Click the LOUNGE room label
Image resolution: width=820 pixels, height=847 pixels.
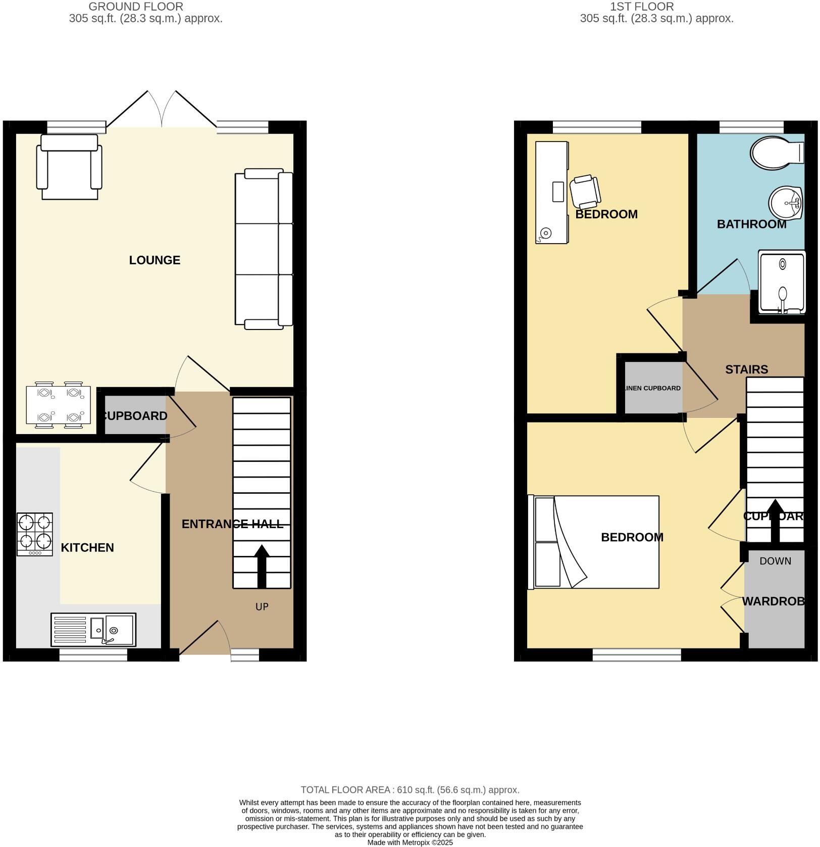click(x=155, y=260)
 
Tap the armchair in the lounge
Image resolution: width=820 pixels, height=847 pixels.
click(x=69, y=167)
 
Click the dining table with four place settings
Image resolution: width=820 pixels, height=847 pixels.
click(x=59, y=405)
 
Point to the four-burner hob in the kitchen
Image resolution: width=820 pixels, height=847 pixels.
click(x=35, y=534)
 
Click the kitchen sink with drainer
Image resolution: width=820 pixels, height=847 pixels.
click(x=93, y=630)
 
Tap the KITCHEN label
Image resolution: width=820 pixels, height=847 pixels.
click(x=87, y=548)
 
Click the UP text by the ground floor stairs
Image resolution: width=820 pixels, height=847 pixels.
click(x=262, y=606)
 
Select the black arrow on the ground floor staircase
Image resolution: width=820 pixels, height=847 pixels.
click(x=262, y=566)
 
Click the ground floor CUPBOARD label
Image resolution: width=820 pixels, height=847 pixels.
click(x=135, y=416)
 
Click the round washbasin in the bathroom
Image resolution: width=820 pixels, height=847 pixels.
click(x=786, y=203)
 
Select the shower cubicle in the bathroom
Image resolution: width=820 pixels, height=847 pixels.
click(x=782, y=283)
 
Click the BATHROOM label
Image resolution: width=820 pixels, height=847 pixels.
click(x=751, y=224)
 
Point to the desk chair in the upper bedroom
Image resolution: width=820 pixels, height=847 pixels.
click(x=585, y=192)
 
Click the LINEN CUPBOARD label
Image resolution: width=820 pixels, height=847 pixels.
click(x=652, y=388)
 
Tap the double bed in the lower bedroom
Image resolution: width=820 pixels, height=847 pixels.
click(x=593, y=542)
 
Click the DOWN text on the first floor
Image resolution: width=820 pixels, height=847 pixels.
click(x=775, y=561)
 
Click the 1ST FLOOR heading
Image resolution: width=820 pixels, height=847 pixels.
click(x=642, y=7)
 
